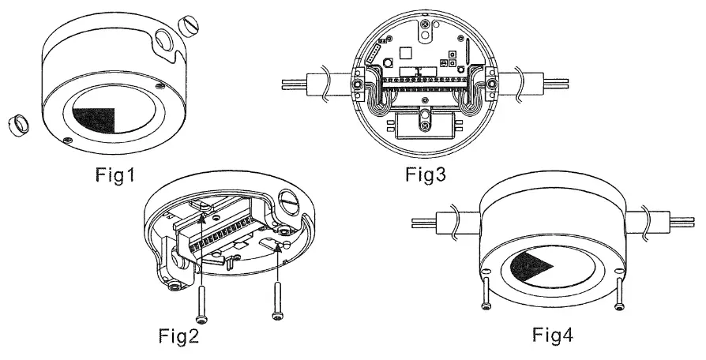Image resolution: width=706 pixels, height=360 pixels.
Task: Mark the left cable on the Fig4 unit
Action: pos(446,223)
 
